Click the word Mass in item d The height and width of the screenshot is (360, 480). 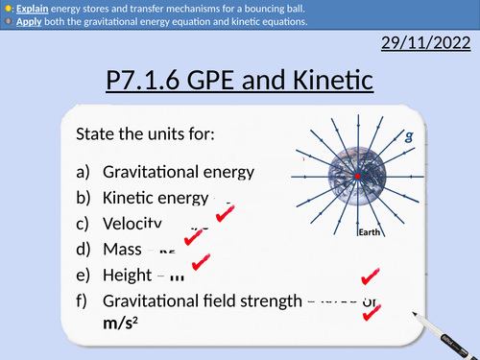[122, 249]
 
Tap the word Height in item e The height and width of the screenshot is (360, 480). [128, 274]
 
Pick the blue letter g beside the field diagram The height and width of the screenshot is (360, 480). [410, 136]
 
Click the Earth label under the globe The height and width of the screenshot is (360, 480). [371, 233]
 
